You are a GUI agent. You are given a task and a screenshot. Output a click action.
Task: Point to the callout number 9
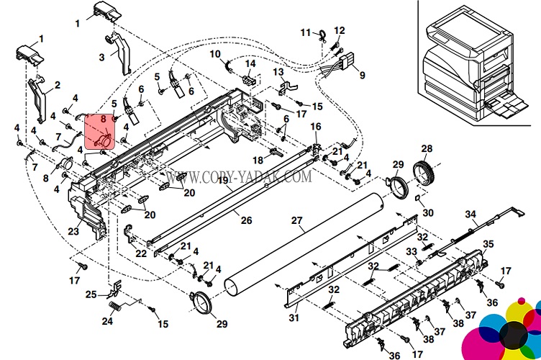(362, 75)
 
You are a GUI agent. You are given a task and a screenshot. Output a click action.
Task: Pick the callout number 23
(73, 231)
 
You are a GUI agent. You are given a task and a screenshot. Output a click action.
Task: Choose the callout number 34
(470, 214)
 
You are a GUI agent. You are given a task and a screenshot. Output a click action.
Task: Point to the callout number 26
(246, 220)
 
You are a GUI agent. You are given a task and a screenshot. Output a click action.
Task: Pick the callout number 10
(215, 54)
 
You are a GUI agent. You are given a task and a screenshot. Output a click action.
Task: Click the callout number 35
(488, 244)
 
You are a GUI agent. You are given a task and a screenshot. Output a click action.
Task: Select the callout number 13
(278, 72)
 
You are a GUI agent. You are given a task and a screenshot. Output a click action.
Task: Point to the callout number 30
(428, 212)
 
